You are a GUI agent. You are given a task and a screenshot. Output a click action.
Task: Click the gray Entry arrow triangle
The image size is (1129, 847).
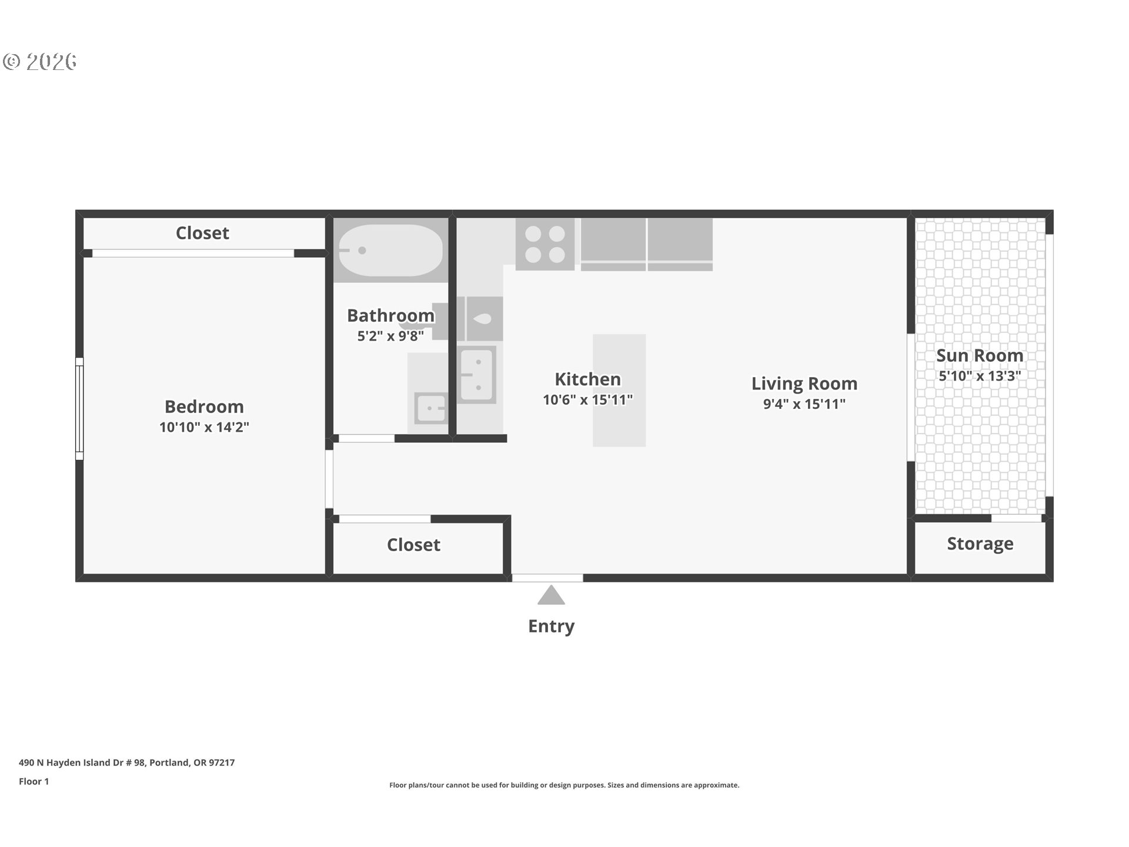point(551,596)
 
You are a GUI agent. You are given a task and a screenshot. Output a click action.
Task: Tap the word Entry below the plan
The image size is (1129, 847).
point(551,626)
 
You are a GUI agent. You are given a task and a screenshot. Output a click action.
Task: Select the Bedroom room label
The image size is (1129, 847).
point(204,406)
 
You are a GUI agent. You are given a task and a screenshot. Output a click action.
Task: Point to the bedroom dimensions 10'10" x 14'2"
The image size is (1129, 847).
point(204,427)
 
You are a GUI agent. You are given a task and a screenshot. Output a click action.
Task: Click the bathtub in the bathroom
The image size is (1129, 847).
point(391,250)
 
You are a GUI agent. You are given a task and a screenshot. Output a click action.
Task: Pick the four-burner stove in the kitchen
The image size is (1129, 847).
point(545,244)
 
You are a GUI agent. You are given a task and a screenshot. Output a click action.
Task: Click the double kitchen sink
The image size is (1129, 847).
point(477,375)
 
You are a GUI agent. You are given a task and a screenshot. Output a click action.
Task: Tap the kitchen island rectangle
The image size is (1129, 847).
point(619,391)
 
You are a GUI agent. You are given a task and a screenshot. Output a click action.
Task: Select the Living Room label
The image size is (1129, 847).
point(804,384)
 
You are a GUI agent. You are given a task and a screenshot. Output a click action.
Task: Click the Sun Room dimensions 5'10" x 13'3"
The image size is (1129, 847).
point(980,376)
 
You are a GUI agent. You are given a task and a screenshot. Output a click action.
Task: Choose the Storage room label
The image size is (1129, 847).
point(980,543)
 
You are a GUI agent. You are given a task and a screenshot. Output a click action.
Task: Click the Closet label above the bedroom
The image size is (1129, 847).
point(202,233)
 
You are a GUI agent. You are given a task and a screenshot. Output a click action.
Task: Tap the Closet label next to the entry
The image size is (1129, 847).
point(413,545)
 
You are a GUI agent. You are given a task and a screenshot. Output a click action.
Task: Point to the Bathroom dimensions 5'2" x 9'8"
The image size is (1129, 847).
point(390,336)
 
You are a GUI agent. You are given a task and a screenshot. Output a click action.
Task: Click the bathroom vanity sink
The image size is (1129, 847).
point(431,408)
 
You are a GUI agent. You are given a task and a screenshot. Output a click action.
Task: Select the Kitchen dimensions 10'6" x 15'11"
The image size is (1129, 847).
point(587,400)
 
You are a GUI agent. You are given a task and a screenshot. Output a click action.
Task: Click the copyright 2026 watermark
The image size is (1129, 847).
point(40,61)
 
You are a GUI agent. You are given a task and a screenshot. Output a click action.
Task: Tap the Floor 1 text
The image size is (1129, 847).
point(34,781)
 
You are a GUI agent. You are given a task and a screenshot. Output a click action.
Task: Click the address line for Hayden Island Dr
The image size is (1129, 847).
point(126,762)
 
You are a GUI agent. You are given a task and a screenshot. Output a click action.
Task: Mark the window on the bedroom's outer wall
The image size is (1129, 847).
point(79,409)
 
